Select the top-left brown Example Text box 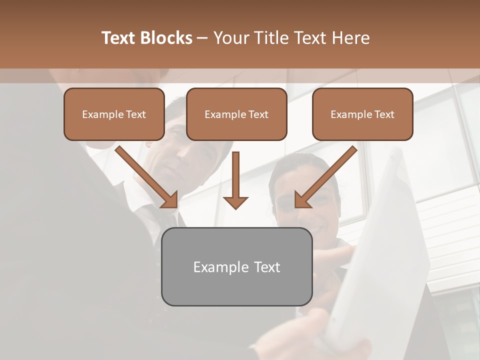(114, 114)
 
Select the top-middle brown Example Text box (236, 114)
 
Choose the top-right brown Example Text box (362, 114)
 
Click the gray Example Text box (236, 267)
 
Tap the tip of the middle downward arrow (235, 207)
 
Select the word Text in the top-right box (384, 114)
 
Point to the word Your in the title (230, 38)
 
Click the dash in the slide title (202, 38)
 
